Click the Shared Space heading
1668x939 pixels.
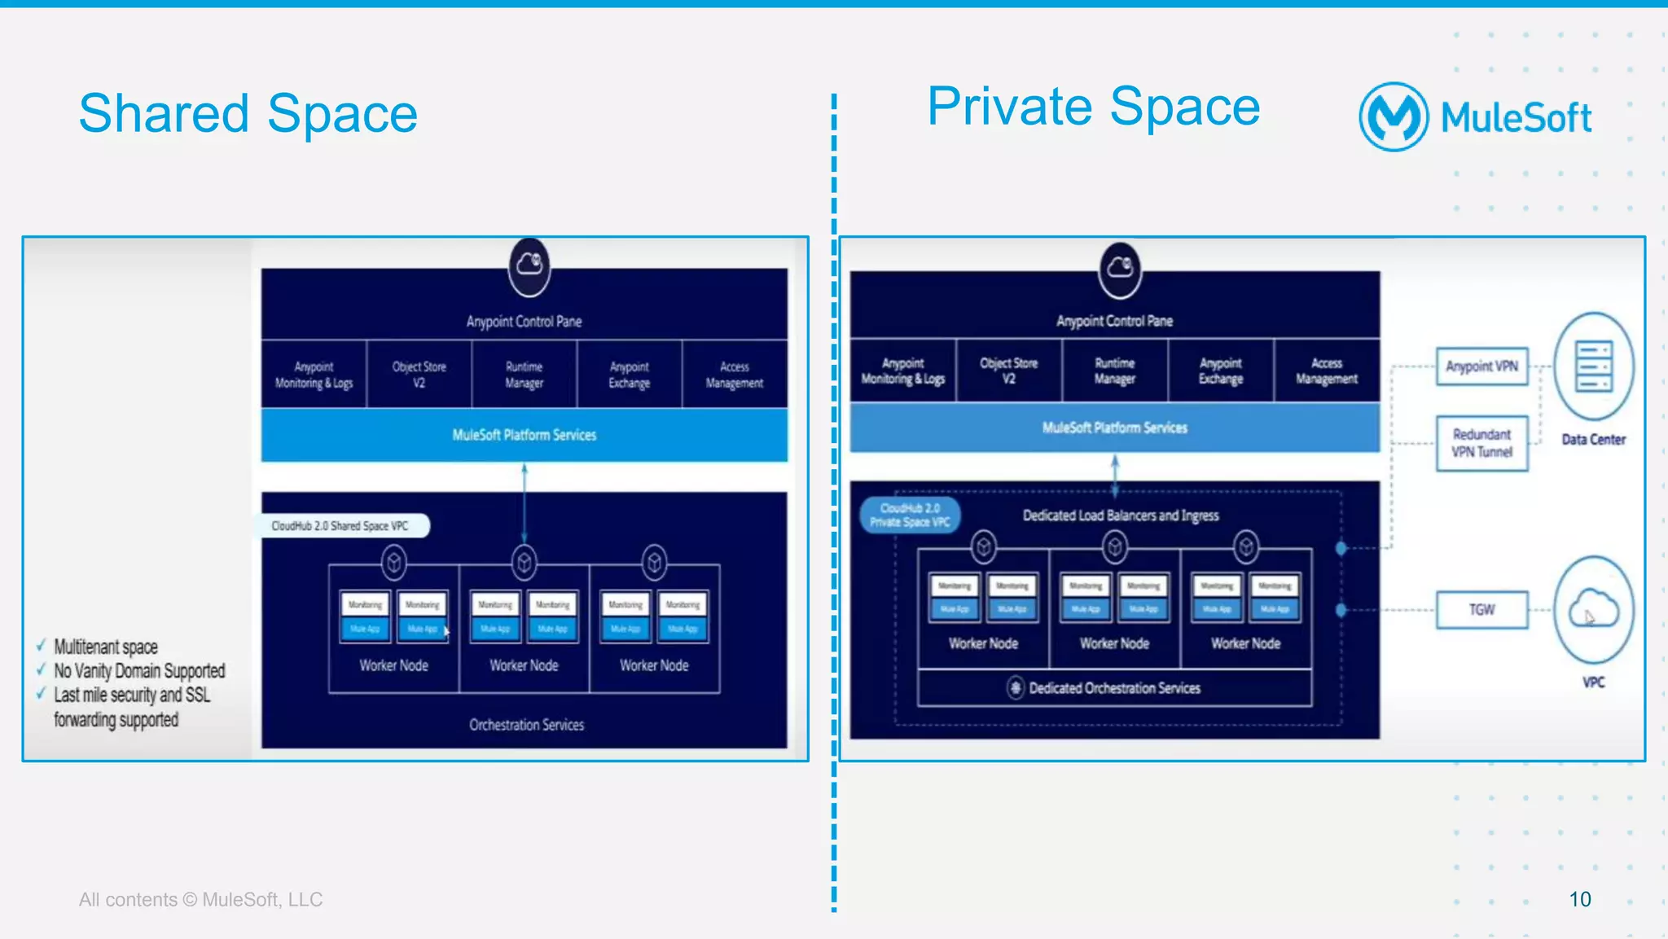click(x=248, y=114)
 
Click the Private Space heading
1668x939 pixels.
click(x=1093, y=108)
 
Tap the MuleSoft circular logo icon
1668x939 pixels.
click(x=1394, y=117)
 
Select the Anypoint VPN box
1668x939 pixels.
click(x=1481, y=366)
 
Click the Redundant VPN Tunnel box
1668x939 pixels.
click(x=1481, y=443)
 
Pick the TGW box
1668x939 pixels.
click(x=1481, y=610)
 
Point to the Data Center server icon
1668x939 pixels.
click(x=1593, y=366)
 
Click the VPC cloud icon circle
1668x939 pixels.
click(x=1593, y=610)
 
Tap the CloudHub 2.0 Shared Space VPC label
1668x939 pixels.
click(x=340, y=526)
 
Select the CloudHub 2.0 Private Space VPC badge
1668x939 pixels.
click(x=910, y=515)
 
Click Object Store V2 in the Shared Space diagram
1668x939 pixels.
click(x=419, y=375)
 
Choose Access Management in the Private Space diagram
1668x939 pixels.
click(x=1326, y=371)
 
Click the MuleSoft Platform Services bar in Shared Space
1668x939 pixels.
click(x=524, y=435)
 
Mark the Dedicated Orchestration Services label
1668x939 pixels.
click(x=1113, y=688)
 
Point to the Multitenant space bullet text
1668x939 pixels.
click(x=106, y=647)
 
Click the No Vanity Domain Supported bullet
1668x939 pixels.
click(x=139, y=671)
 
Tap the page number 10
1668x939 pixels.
click(x=1579, y=899)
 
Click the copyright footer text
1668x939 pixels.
click(x=200, y=900)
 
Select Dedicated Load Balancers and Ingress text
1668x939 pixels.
click(x=1121, y=516)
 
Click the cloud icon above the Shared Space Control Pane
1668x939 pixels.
click(x=529, y=264)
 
